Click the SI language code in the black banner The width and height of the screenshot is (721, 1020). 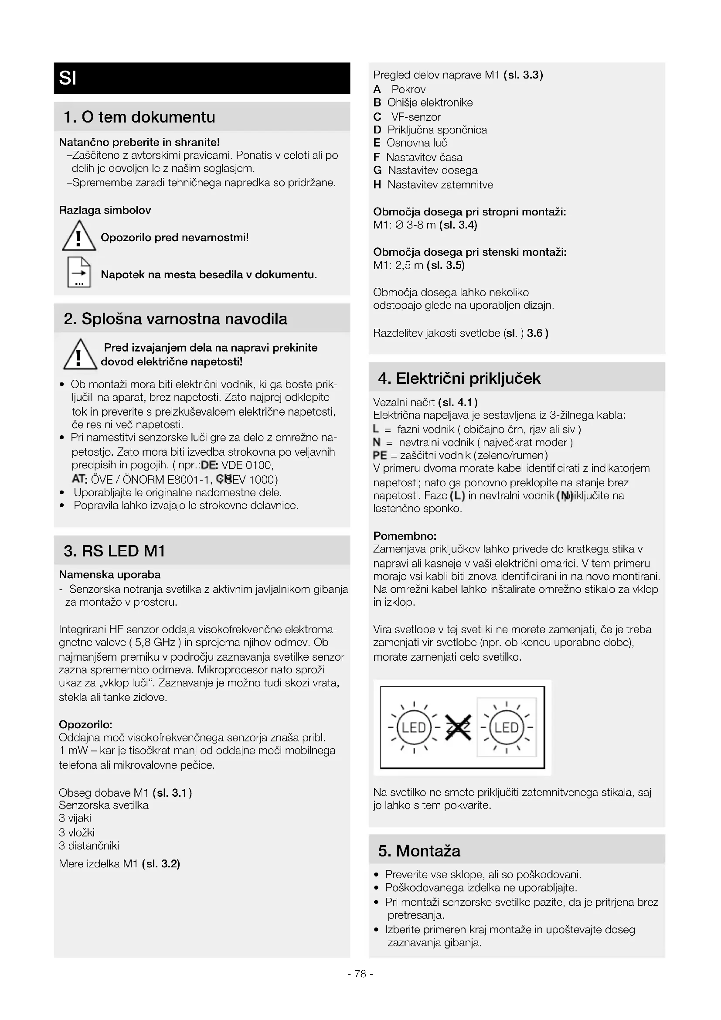tap(68, 78)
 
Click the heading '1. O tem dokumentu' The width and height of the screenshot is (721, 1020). tap(139, 117)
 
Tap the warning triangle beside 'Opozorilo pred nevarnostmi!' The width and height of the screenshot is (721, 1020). tap(78, 236)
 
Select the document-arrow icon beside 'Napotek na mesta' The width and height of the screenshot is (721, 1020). tap(78, 272)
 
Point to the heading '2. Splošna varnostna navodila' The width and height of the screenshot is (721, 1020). tap(175, 318)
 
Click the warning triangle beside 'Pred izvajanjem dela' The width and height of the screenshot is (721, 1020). tap(79, 355)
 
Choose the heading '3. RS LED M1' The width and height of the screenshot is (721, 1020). tap(114, 551)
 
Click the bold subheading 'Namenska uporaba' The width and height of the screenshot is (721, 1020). tap(110, 574)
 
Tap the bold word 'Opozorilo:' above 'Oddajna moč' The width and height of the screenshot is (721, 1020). tap(86, 725)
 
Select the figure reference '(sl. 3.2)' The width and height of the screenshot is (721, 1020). tap(161, 863)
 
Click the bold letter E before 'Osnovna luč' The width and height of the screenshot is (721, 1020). tap(377, 143)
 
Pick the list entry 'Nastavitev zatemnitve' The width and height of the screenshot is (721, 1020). tap(440, 184)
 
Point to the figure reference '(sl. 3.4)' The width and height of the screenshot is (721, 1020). tap(458, 225)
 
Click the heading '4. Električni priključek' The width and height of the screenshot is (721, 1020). tap(459, 378)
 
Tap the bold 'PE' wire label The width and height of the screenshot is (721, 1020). tap(380, 455)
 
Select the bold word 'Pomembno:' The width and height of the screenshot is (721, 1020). tap(405, 536)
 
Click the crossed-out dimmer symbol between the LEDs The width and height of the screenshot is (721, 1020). tap(458, 727)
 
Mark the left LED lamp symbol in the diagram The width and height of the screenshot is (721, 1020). tap(414, 728)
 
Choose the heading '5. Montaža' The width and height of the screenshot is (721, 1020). tap(419, 850)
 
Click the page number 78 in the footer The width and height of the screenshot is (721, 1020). tap(360, 974)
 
